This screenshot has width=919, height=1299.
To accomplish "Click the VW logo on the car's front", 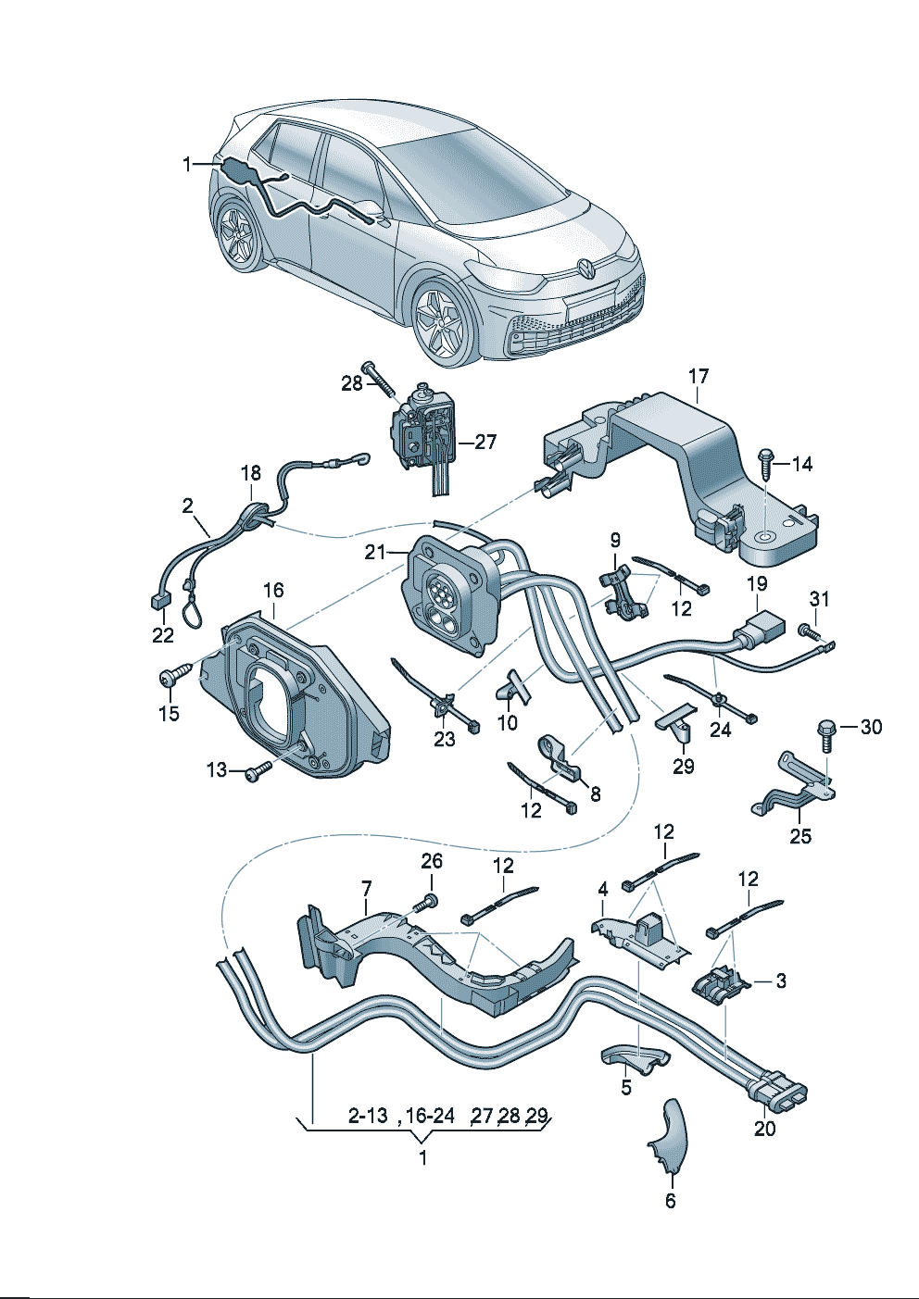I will [587, 269].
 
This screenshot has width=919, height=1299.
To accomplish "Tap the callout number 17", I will [699, 376].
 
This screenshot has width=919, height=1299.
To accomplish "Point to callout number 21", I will [374, 552].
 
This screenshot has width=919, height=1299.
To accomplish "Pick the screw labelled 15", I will [172, 678].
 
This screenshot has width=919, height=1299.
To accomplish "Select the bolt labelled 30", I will [825, 732].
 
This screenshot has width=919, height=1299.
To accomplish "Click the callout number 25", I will [800, 836].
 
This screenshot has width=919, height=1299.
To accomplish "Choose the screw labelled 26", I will [428, 900].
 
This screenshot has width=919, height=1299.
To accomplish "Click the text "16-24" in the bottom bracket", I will [430, 1115].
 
